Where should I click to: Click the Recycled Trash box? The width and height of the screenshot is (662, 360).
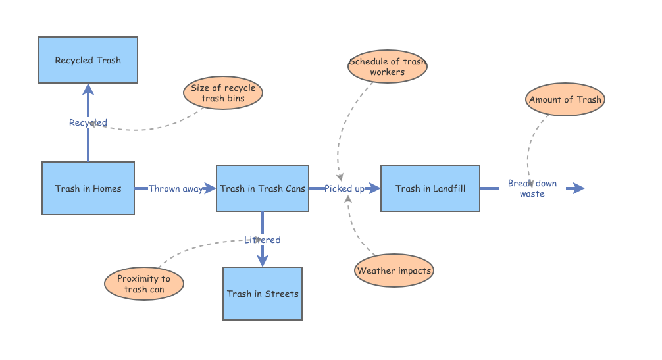(x=88, y=60)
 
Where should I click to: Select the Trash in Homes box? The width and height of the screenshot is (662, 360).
(x=88, y=188)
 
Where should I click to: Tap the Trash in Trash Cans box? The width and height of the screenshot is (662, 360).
(x=263, y=188)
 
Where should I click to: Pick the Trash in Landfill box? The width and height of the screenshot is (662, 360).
(x=430, y=188)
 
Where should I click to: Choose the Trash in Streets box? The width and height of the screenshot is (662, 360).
(x=263, y=294)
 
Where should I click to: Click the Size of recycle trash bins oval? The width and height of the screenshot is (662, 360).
(x=222, y=93)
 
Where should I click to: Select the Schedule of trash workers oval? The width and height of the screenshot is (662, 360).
(x=387, y=66)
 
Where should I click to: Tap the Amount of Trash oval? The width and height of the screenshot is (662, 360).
(x=565, y=100)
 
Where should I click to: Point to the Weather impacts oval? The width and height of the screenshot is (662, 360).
(x=394, y=270)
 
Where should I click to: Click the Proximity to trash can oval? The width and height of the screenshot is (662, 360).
(x=143, y=284)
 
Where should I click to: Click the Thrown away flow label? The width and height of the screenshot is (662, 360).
(x=176, y=188)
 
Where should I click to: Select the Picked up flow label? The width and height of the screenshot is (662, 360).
(x=344, y=188)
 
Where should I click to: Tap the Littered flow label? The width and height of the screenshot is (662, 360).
(x=263, y=240)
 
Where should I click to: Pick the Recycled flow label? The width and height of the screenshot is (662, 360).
(x=88, y=122)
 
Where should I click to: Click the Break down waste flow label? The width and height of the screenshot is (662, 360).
(x=532, y=188)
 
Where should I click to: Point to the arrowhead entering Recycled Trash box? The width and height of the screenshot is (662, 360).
(x=88, y=89)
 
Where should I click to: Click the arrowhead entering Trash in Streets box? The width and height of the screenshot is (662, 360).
(x=263, y=261)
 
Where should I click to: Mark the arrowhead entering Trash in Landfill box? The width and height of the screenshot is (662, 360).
(x=375, y=188)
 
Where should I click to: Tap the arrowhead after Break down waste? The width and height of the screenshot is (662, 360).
(x=578, y=188)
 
